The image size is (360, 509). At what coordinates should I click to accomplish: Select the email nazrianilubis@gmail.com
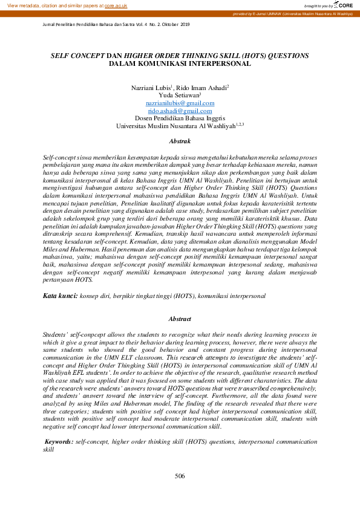(x=180, y=103)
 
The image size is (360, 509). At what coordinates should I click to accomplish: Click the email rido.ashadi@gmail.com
(x=180, y=111)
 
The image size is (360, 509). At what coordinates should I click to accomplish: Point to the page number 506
(x=180, y=476)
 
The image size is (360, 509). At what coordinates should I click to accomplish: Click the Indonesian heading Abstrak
(x=180, y=141)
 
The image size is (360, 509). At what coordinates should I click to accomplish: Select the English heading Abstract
(x=180, y=319)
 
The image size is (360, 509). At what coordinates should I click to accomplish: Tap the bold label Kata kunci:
(x=61, y=297)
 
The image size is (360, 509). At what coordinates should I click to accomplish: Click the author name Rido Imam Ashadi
(x=201, y=88)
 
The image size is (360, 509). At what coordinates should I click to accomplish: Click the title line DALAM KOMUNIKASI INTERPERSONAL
(x=180, y=63)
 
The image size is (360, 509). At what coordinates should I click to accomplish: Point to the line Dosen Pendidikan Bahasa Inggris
(x=180, y=118)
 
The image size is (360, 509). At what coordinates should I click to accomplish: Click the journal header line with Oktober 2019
(x=116, y=24)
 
